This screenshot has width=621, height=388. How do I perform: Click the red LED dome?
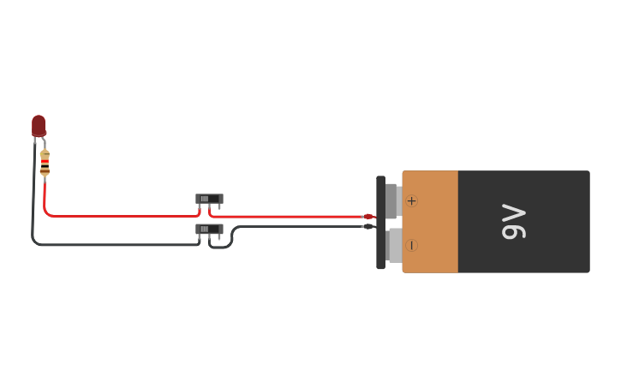coord(39,125)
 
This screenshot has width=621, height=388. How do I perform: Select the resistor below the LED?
coord(45,162)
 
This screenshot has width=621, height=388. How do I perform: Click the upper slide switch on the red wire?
coord(209,199)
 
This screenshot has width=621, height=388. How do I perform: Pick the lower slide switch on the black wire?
coord(209,229)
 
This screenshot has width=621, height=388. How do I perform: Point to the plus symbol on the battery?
coord(411,201)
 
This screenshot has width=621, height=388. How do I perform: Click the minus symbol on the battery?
coord(411,245)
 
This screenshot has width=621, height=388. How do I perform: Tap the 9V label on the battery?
coord(513,221)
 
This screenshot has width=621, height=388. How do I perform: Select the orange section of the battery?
coord(430,222)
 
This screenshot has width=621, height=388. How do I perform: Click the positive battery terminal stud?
coord(392,201)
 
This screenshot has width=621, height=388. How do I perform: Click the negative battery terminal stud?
coord(394,245)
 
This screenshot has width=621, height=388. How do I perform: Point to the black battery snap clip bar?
coord(380,223)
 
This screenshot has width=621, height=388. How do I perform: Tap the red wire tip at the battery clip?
coord(368,217)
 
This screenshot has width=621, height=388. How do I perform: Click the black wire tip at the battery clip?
coord(368,226)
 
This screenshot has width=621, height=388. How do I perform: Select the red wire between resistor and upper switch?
coord(120,216)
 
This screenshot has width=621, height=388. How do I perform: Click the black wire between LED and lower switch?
coord(111,245)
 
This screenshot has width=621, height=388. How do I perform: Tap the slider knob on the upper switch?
coord(205,199)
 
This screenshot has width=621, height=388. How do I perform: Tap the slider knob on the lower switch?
coord(205,229)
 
